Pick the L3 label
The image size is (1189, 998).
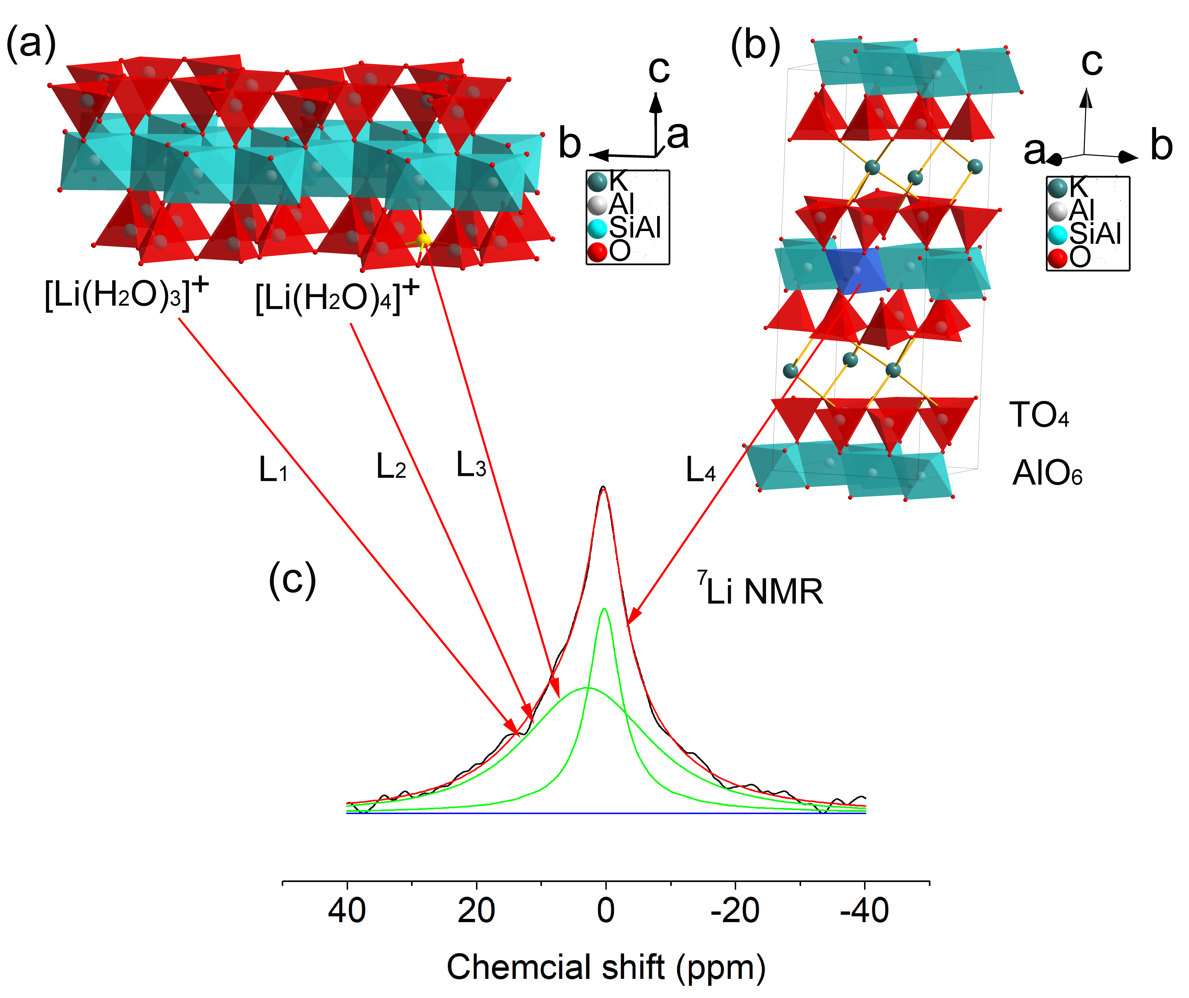(x=471, y=465)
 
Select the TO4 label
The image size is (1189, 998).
(x=1039, y=415)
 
